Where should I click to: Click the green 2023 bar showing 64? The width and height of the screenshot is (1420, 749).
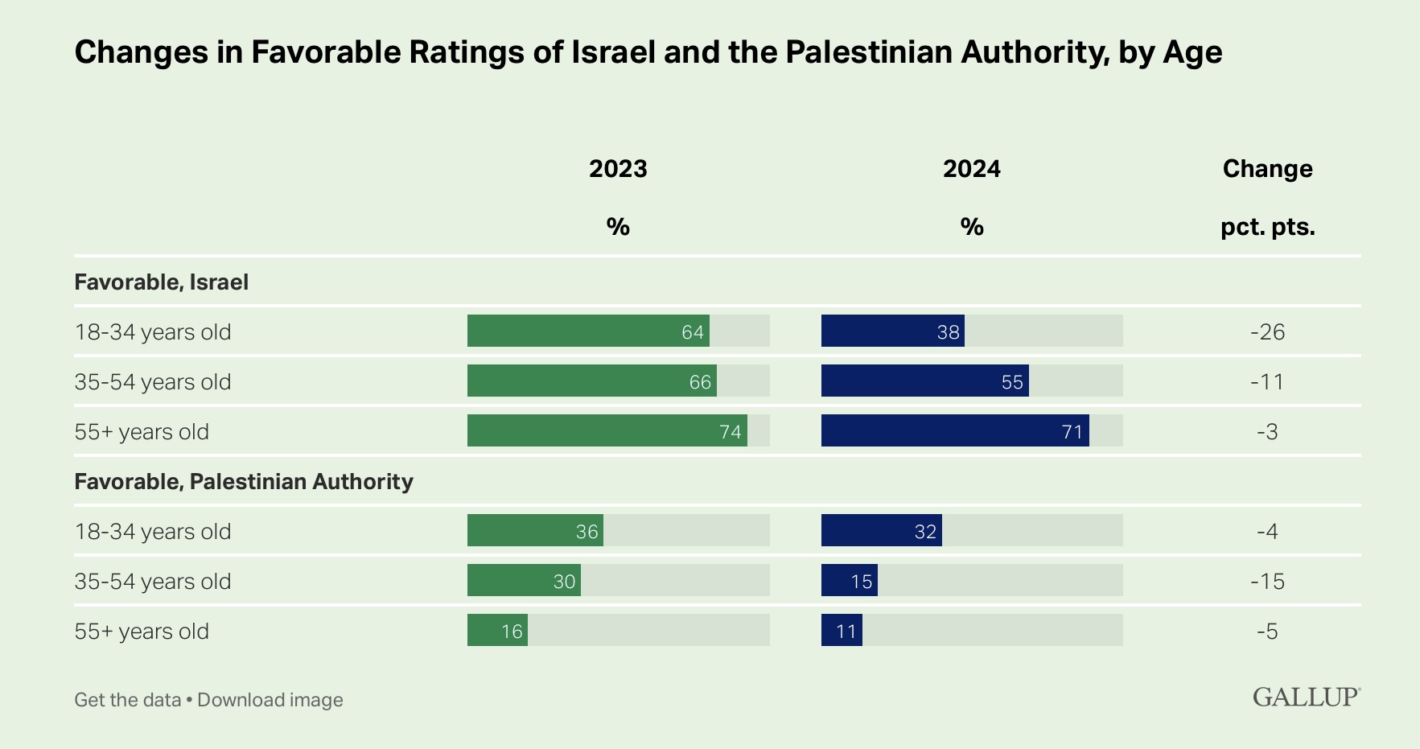(588, 331)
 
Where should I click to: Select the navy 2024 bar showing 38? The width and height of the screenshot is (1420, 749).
(892, 331)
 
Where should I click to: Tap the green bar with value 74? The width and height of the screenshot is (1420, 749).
(607, 430)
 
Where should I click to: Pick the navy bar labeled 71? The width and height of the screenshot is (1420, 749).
(955, 430)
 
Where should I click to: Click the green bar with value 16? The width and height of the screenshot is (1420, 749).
(497, 630)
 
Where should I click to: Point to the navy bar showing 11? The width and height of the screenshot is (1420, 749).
(842, 630)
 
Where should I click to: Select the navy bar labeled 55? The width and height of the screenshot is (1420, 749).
(924, 381)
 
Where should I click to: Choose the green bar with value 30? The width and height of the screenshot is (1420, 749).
(524, 580)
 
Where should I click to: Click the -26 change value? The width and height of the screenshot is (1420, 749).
(1267, 331)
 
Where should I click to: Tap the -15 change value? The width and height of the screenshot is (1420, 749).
(1267, 581)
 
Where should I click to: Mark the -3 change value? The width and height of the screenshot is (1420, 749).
(1267, 431)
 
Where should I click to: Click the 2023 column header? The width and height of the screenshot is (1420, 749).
(618, 169)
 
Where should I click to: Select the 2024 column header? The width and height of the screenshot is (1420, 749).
(972, 169)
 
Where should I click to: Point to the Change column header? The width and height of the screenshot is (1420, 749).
(1267, 169)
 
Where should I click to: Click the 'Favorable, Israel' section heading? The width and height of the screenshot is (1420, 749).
(162, 282)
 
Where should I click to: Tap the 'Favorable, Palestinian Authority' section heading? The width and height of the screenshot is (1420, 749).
(244, 482)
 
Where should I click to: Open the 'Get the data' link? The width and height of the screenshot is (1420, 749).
(128, 700)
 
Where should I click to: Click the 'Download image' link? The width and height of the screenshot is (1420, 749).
(270, 700)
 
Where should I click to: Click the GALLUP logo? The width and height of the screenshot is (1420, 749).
(1306, 697)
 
